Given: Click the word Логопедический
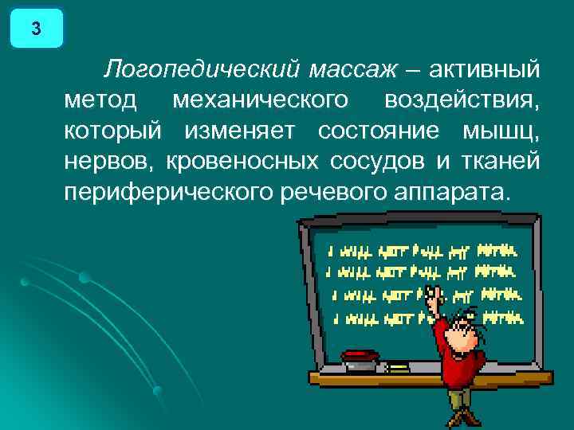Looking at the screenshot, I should point(200,71).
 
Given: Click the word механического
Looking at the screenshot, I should point(260,101).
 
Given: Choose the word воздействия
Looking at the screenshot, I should point(462,101).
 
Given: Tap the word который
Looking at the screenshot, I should point(113,131).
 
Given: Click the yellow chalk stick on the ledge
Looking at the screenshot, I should point(396,367).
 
